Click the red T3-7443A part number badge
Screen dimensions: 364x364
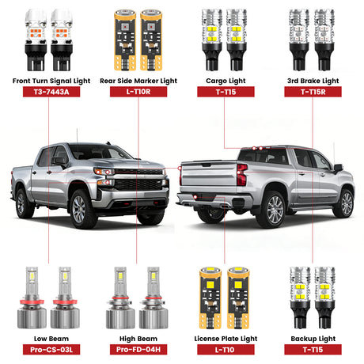47,92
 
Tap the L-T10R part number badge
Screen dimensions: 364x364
137,92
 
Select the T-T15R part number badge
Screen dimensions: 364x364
313,92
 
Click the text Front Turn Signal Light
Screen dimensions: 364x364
47,80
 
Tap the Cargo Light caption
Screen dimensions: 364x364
226,80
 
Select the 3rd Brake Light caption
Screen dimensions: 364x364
313,80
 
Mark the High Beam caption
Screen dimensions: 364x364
137,338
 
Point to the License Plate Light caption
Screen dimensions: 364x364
226,338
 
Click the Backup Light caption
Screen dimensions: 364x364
313,338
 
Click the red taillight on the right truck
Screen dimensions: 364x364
241,175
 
